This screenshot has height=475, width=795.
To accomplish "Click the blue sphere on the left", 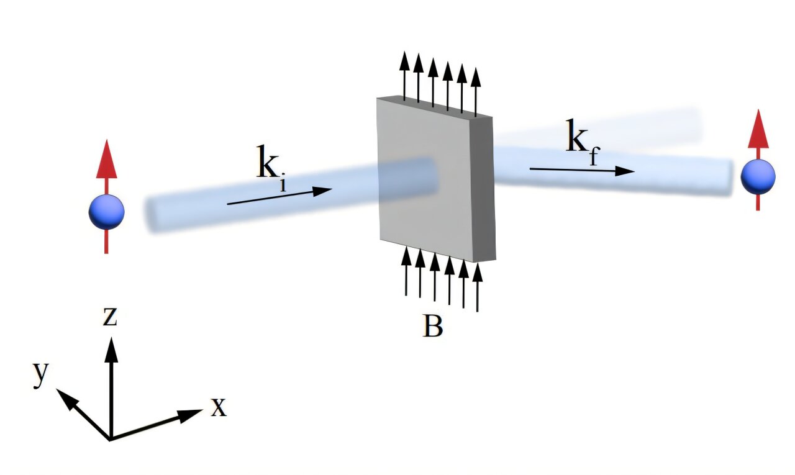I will (106, 212).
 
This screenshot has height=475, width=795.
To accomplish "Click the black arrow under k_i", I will (279, 196).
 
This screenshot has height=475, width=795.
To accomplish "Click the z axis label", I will (110, 317).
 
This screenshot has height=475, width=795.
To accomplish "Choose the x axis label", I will (218, 407).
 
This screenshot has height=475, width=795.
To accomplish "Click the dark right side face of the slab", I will (484, 186).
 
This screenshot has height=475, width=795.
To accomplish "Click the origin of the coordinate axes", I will (111, 439).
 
